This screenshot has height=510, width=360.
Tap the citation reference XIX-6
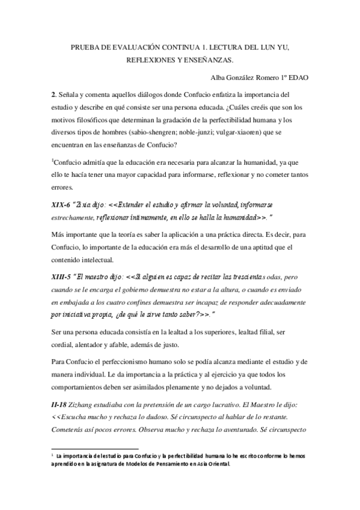[62, 206]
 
